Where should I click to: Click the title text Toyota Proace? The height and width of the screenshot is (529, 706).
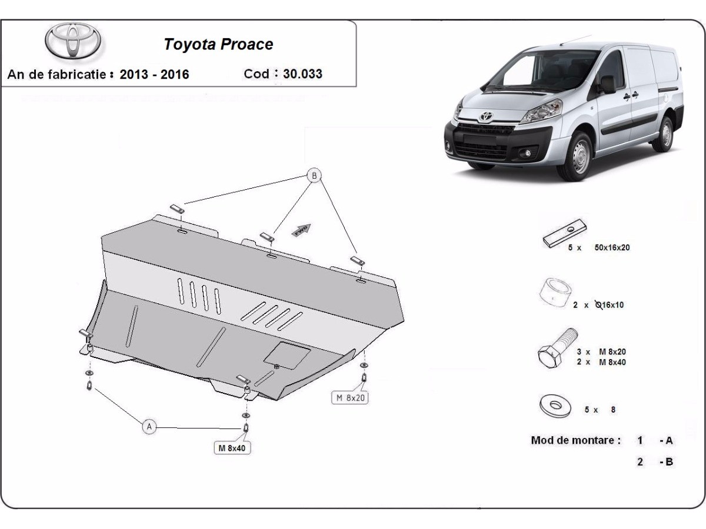(218, 45)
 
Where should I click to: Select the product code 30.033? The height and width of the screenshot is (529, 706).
(302, 74)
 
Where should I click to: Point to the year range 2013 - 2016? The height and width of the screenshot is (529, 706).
(154, 75)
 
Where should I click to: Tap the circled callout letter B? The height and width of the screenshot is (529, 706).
(315, 175)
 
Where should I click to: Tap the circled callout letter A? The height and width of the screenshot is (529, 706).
(149, 427)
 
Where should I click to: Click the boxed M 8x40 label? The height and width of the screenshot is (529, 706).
(232, 448)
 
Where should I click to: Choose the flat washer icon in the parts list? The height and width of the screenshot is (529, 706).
(554, 406)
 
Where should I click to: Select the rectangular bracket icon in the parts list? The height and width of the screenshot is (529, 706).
(564, 235)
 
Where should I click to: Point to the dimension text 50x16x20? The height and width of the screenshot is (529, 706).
(612, 248)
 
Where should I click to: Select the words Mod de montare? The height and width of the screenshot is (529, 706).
(575, 440)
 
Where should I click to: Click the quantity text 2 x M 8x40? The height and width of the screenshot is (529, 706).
(601, 362)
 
